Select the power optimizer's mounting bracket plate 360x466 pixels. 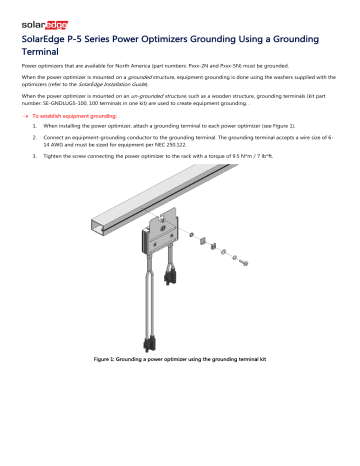coord(163,236)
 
